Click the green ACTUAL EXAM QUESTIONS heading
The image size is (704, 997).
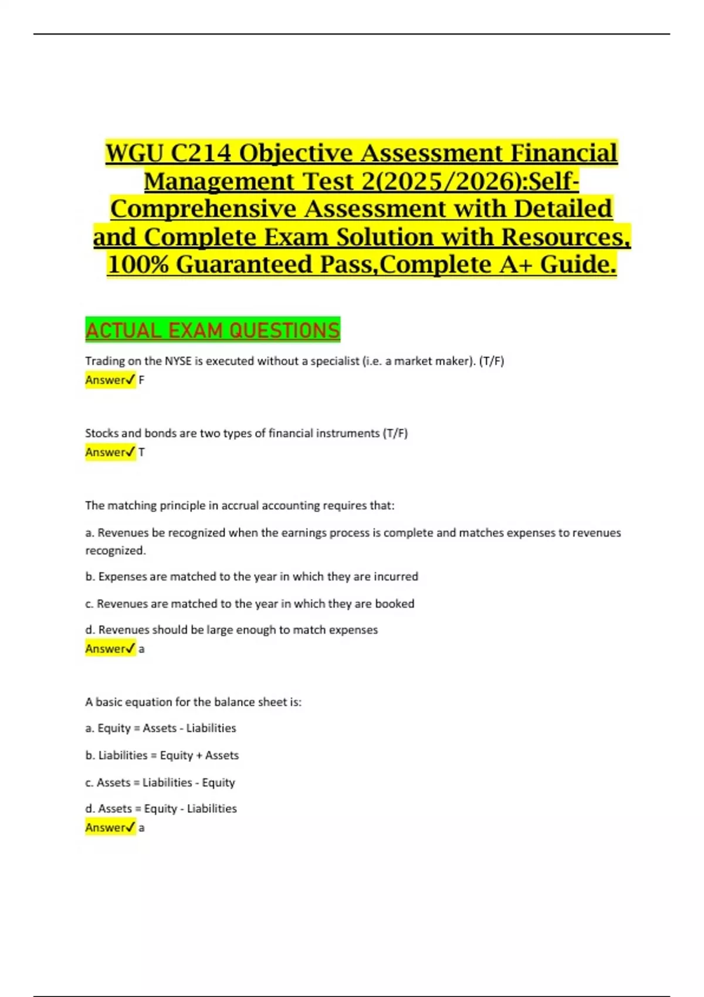point(212,331)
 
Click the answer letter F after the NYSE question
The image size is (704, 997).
point(141,380)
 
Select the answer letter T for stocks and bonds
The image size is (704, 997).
point(141,452)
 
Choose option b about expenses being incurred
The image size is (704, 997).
point(252,577)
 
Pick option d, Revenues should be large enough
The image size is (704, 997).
point(232,630)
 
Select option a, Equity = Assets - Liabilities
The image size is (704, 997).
point(161,728)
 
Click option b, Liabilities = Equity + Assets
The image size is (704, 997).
point(162,755)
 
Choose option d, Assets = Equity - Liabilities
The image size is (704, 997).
point(161,809)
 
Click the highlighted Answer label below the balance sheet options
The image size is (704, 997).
point(110,828)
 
